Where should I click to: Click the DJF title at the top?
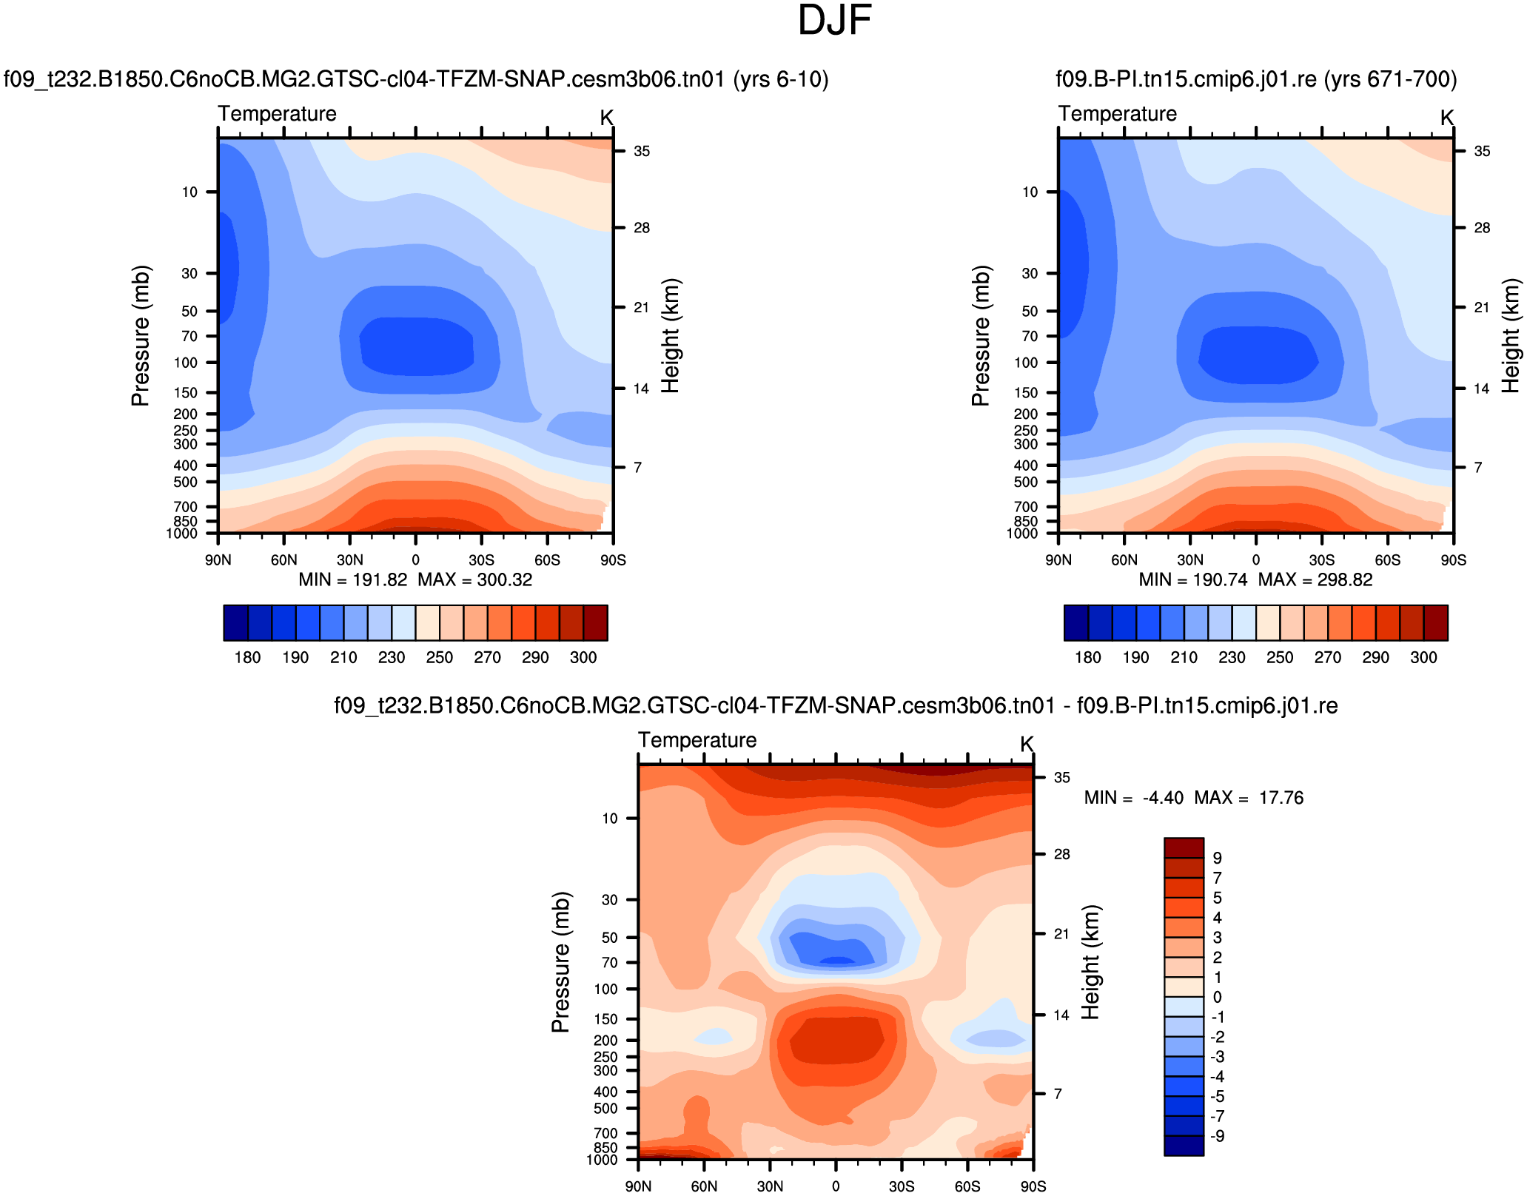point(834,21)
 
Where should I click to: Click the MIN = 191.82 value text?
point(353,579)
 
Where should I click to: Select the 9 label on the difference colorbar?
point(1217,858)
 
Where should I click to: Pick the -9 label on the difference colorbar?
point(1217,1136)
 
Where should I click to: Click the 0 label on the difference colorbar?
point(1217,997)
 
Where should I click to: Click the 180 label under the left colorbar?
point(247,657)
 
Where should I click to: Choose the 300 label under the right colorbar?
point(1423,657)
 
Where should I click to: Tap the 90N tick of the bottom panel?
point(638,1186)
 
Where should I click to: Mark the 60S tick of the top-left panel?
point(547,560)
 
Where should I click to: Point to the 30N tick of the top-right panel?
point(1190,560)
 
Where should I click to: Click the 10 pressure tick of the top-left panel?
point(190,192)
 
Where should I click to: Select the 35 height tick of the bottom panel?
point(1062,778)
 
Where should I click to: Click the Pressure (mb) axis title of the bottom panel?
point(560,962)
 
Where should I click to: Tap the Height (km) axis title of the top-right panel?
point(1510,335)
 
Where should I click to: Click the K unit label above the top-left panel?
point(607,118)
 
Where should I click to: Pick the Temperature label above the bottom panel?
point(697,740)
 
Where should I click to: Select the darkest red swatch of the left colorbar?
point(595,622)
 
